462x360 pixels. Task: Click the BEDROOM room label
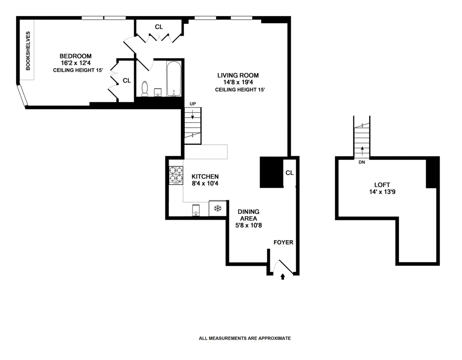[x=75, y=56]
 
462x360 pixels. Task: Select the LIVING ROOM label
[x=238, y=75]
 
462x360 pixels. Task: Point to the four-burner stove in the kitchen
[x=176, y=174]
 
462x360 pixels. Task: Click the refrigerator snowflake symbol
[x=218, y=208]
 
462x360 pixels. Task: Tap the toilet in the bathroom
[x=145, y=89]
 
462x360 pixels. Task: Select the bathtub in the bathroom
[x=174, y=79]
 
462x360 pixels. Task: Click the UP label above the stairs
[x=192, y=104]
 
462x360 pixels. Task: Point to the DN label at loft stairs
[x=362, y=162]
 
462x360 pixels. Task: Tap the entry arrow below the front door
[x=283, y=276]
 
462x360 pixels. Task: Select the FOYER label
[x=283, y=242]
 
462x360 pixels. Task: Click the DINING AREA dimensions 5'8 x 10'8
[x=248, y=225]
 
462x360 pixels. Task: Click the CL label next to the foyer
[x=290, y=173]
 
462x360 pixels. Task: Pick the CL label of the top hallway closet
[x=159, y=27]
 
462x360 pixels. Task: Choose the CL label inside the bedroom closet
[x=127, y=81]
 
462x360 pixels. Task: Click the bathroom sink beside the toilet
[x=157, y=92]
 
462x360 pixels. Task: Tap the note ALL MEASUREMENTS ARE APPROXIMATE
[x=244, y=338]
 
